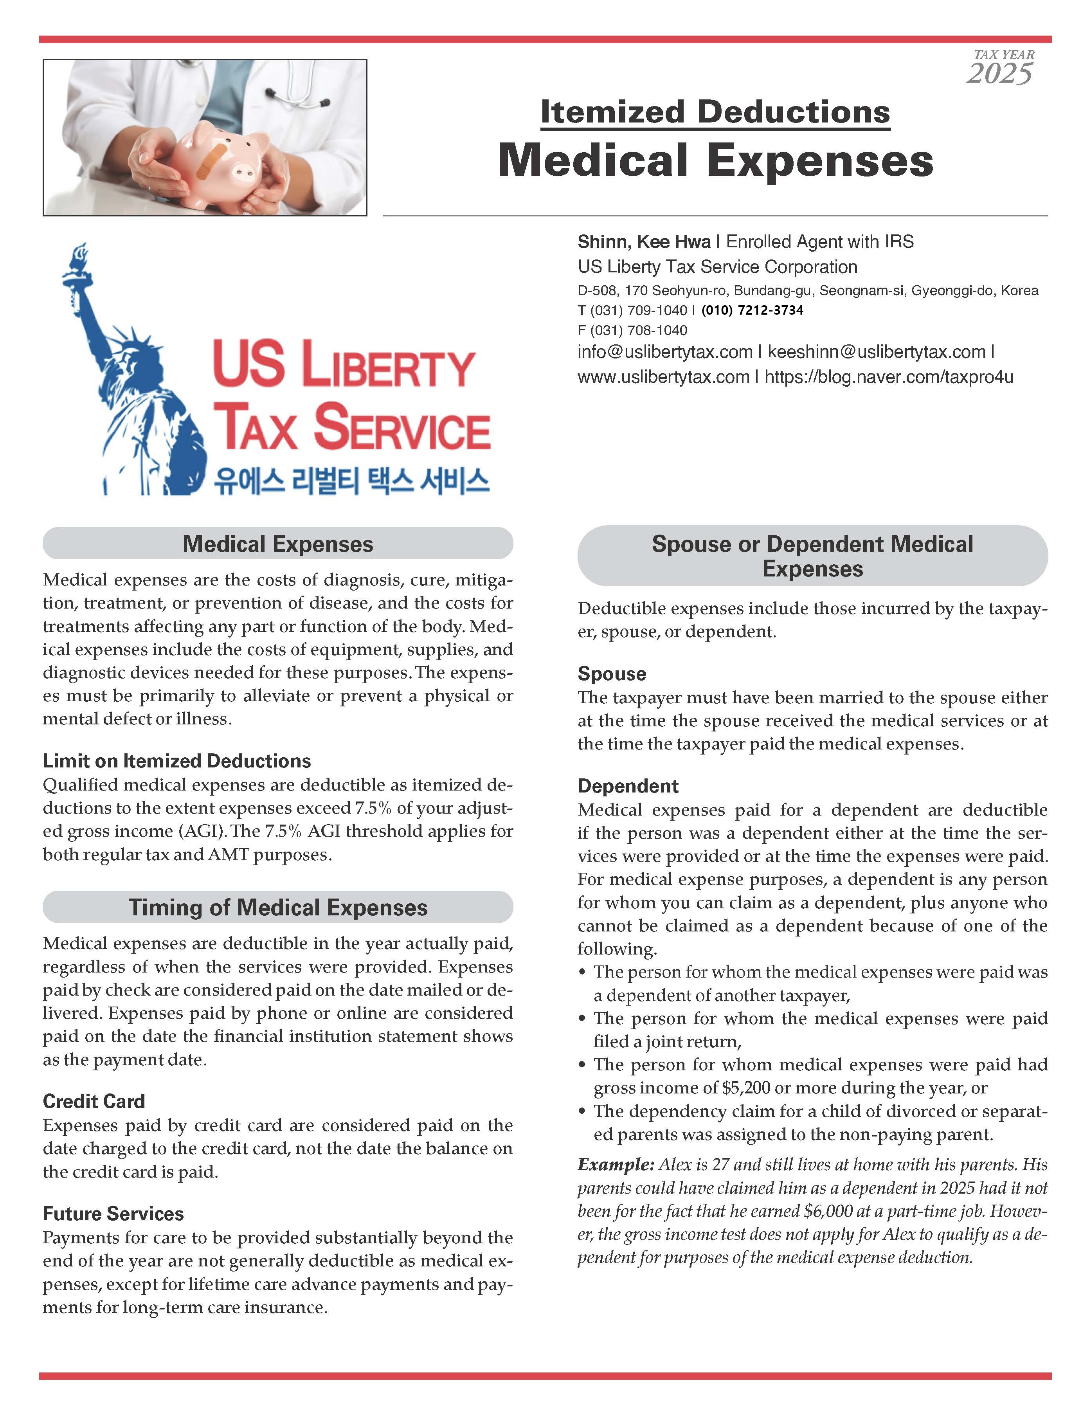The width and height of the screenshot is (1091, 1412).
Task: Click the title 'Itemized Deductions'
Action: (x=715, y=112)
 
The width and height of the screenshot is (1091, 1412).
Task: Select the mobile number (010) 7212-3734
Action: (x=753, y=310)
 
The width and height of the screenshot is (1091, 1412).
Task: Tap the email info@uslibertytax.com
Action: (x=665, y=352)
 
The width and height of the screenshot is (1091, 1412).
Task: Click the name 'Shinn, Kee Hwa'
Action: (x=644, y=242)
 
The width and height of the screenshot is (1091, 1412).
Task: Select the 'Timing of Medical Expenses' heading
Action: (x=278, y=908)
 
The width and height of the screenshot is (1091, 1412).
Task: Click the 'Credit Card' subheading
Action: (x=94, y=1101)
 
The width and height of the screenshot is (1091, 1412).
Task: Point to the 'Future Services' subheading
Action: (x=113, y=1214)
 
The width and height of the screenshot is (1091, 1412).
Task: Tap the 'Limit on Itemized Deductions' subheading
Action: (x=176, y=761)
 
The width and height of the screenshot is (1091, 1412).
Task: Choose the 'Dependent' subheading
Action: (x=628, y=786)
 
